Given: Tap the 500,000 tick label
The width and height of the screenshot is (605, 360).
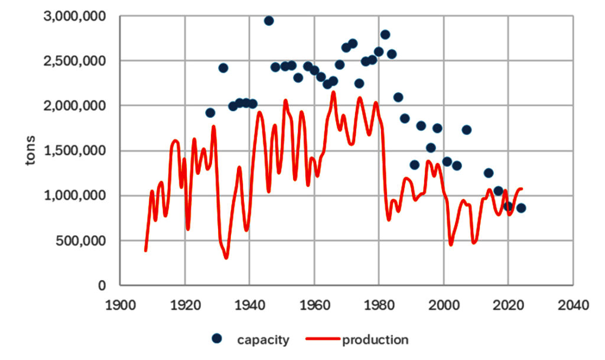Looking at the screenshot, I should [83, 241].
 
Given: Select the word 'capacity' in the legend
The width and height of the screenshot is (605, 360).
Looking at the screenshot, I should [263, 339].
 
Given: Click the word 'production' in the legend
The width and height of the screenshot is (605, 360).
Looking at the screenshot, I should [375, 339].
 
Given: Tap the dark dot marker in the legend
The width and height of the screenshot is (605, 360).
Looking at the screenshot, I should [217, 339].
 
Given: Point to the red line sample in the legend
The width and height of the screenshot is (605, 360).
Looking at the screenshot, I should [323, 339].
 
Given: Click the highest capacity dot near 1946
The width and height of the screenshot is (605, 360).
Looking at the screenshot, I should [269, 21].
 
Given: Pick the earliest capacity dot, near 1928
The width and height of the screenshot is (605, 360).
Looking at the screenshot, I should [210, 113].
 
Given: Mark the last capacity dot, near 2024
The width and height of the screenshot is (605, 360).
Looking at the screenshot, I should [521, 208].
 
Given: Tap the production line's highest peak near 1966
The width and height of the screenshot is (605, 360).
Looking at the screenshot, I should [333, 92].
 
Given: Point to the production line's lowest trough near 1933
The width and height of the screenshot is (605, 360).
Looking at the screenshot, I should [226, 258].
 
